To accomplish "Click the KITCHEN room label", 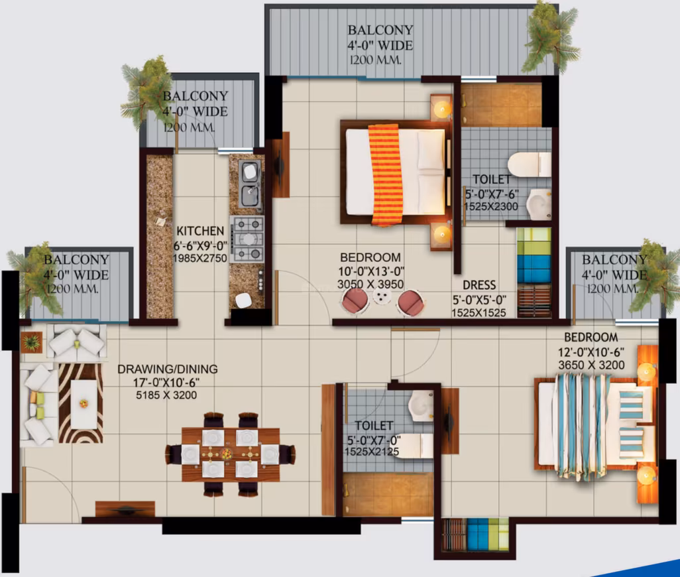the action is [x=200, y=231].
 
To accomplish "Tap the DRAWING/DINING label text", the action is [x=168, y=369].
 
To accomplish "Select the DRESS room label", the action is [x=479, y=285].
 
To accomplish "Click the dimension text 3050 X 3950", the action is [x=370, y=284].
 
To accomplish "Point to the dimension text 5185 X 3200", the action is [x=166, y=395].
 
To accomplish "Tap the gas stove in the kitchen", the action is [x=247, y=239].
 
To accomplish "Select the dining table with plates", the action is [x=230, y=454].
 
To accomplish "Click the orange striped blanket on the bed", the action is [x=386, y=175].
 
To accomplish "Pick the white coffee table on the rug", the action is [x=84, y=404].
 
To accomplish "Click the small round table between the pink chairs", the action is [x=382, y=297].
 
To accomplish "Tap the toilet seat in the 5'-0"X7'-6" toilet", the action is [x=529, y=164].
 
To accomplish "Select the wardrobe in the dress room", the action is [x=534, y=273].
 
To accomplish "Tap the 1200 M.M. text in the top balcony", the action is [x=376, y=60].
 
